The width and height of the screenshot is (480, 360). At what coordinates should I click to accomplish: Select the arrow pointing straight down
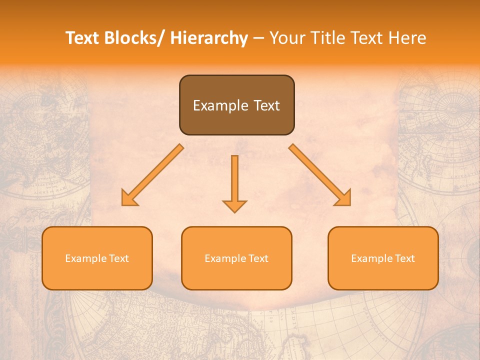point(234,180)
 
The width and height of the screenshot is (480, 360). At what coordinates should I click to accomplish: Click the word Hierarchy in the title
point(208,38)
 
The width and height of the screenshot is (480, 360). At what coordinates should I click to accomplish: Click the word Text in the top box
point(266,105)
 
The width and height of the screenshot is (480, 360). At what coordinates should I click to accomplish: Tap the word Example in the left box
point(85,258)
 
